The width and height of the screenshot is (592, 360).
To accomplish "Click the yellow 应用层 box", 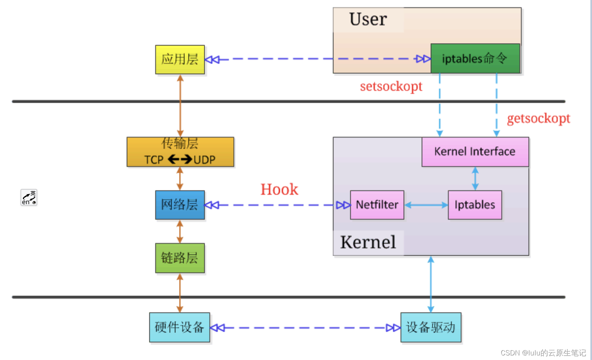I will point(180,60).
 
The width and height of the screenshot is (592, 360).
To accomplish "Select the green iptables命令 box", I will point(475,58).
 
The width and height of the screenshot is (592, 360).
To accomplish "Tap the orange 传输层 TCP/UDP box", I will point(180,152).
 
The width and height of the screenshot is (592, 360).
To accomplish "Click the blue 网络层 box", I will point(180,205).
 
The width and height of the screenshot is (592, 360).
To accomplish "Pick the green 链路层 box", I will point(180,258).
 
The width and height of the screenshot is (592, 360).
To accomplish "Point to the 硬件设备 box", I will point(180,327).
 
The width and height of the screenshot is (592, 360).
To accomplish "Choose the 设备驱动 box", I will point(431,327).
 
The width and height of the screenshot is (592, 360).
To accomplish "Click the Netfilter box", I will point(377,205).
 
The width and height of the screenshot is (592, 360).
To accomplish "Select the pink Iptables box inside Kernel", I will point(475,205).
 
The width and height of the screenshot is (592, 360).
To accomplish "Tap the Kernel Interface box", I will point(475,152).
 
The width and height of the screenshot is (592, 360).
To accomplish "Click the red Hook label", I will point(279,190).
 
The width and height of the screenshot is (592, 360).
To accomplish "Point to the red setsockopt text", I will point(391,86).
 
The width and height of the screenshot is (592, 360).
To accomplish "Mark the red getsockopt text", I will point(538,118).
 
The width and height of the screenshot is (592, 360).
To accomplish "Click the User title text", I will point(368,19).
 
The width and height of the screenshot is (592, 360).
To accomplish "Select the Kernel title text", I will point(368,242).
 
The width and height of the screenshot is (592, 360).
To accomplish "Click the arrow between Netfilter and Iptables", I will point(426,205).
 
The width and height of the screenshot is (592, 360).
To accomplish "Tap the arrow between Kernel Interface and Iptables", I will point(475,178).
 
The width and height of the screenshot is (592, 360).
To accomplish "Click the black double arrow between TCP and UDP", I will point(180,159).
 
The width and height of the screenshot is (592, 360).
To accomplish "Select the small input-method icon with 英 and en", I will point(29,198).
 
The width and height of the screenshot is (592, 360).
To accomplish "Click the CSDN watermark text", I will point(543,353).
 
